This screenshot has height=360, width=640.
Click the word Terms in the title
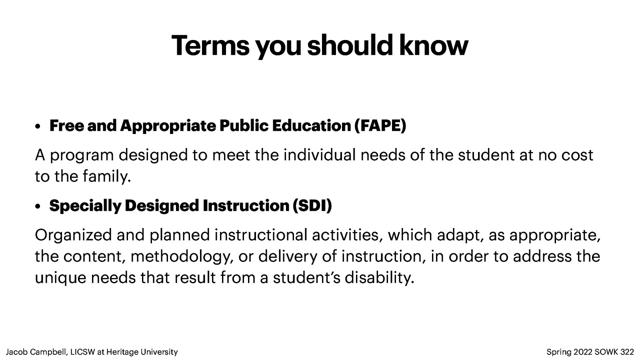pos(210,46)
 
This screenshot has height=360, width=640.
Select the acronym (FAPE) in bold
pos(380,126)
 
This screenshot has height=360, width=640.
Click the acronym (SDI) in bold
pos(312,206)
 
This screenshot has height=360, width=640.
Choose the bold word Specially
pos(85,206)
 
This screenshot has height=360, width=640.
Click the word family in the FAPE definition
pos(107,176)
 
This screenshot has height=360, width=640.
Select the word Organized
pos(73,235)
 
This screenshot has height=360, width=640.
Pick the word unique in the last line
pos(60,278)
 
